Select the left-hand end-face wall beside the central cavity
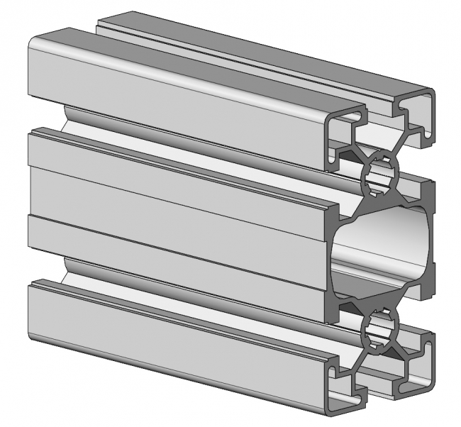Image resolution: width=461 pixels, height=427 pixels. (335, 252)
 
